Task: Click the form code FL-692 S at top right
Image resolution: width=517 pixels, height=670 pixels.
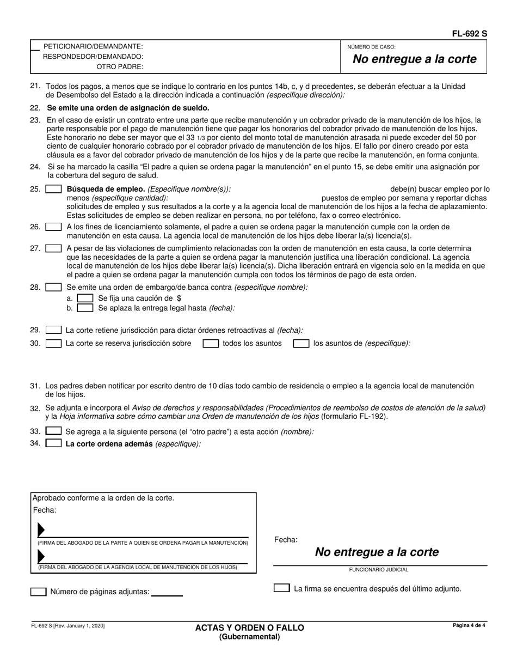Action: [x=470, y=34]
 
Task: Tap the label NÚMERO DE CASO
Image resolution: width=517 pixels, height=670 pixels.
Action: [x=371, y=47]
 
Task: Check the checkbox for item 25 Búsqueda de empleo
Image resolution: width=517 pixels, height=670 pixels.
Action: [x=53, y=190]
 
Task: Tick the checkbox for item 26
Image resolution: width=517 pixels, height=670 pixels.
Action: [x=53, y=227]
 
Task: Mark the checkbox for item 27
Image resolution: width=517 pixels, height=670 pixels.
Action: [x=53, y=248]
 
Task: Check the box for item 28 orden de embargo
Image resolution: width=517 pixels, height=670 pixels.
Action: [x=53, y=287]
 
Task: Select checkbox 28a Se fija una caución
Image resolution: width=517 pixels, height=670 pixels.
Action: [x=85, y=299]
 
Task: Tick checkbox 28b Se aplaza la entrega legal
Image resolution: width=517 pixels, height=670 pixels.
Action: [x=85, y=308]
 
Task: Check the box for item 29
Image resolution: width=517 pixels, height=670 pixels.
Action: [x=53, y=330]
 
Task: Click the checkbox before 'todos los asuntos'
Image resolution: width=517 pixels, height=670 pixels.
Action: [x=211, y=344]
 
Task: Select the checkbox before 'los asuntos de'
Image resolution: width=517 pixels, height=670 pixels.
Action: [x=301, y=344]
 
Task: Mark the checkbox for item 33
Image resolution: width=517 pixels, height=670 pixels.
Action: [x=53, y=431]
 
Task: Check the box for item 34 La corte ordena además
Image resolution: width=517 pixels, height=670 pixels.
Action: [x=53, y=443]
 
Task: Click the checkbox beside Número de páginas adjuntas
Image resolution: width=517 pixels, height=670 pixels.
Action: [x=38, y=592]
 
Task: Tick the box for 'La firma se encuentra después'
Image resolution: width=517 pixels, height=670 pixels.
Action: [x=281, y=588]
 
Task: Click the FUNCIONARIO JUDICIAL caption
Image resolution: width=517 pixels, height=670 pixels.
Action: [x=379, y=570]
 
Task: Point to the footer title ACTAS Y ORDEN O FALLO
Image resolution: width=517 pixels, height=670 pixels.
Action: [x=250, y=628]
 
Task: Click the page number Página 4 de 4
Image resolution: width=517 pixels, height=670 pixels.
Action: [x=469, y=625]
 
